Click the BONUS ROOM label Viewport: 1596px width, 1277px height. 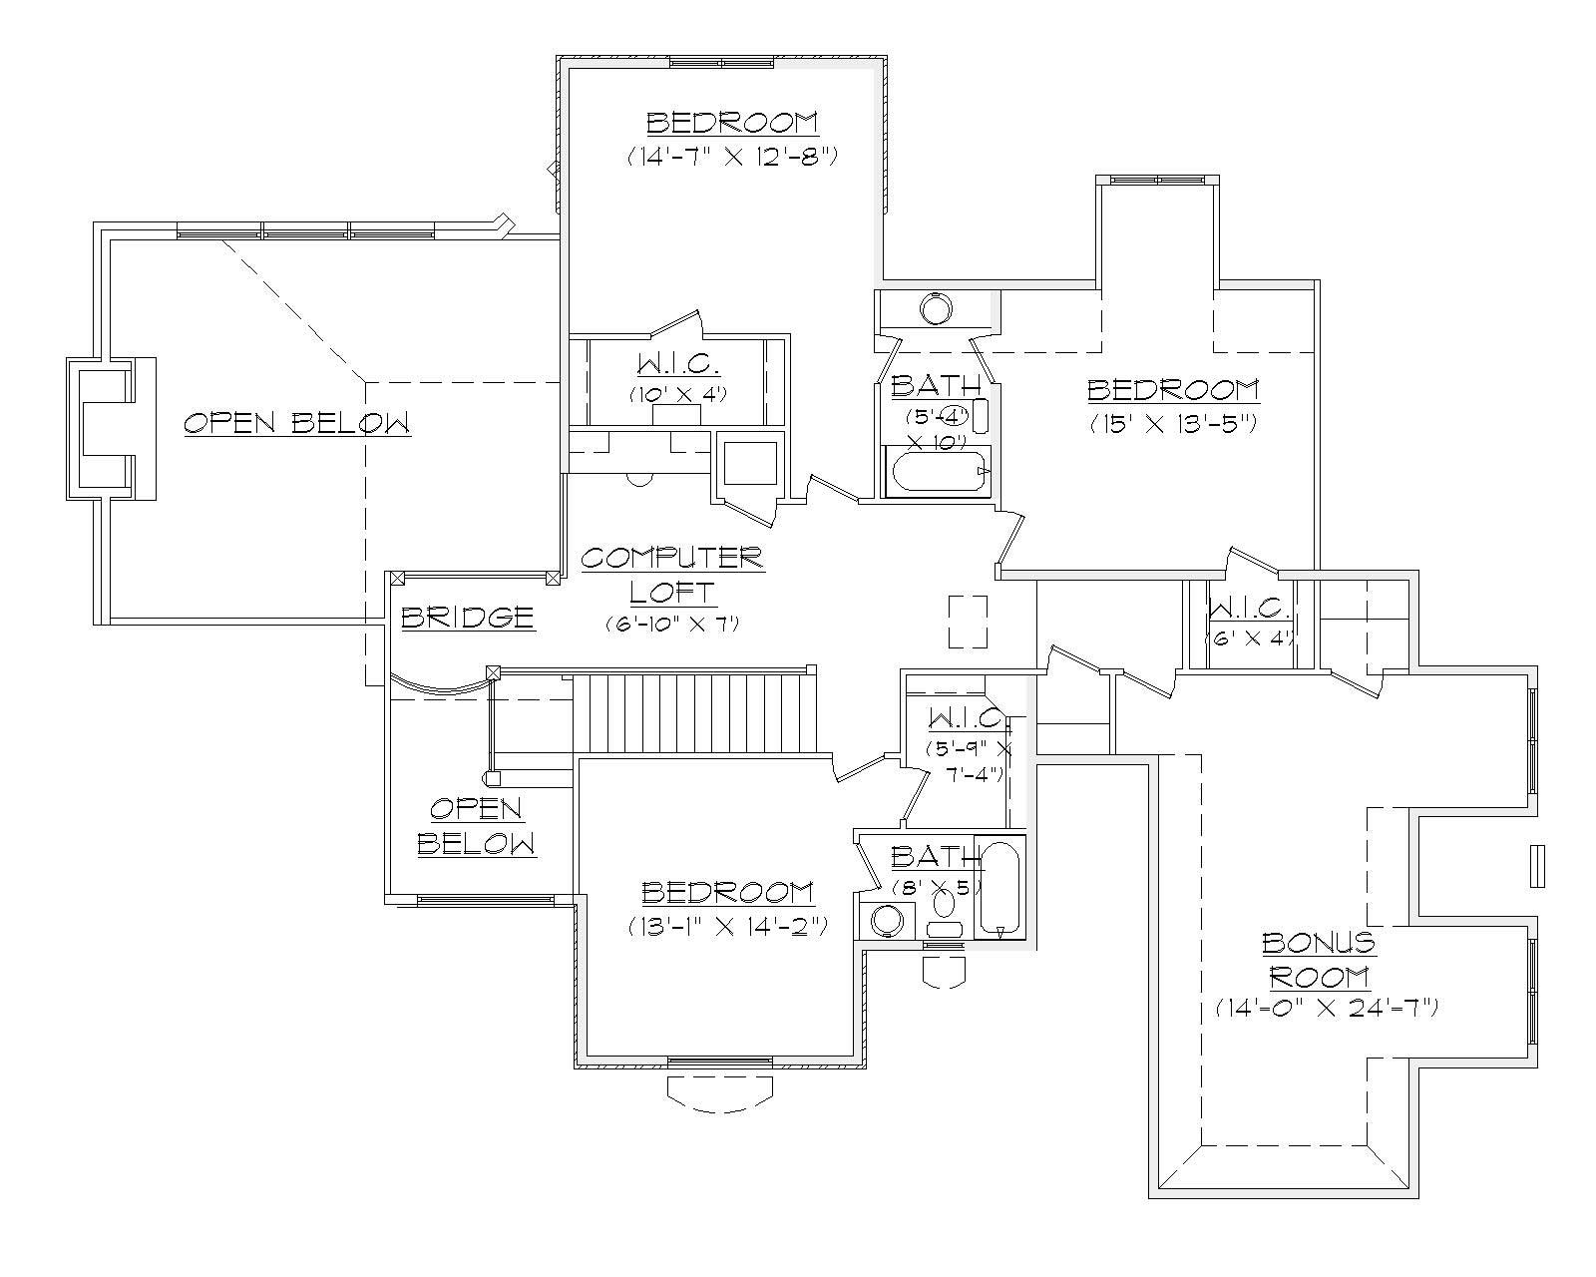1318,959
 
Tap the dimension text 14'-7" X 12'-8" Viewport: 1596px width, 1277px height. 731,157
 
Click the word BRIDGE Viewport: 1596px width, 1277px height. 467,618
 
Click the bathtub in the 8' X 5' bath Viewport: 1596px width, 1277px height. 998,887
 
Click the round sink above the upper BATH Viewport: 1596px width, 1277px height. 937,308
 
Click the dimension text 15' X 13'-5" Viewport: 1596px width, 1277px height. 1172,423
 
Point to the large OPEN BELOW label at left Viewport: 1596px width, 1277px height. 296,423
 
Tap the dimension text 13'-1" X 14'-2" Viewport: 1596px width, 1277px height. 727,927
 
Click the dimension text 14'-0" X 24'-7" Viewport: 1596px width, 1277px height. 1326,1009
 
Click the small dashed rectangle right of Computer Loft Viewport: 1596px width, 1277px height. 967,621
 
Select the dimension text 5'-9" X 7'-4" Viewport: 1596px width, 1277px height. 969,761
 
